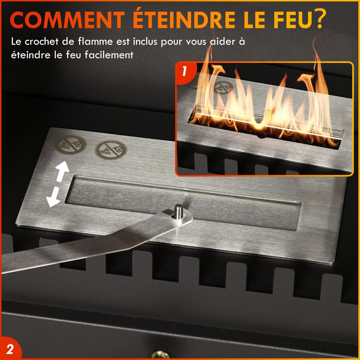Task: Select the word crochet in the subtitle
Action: pos(42,41)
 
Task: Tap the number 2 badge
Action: pos(10,349)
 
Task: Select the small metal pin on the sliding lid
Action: pos(178,211)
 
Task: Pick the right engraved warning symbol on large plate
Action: pos(111,149)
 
